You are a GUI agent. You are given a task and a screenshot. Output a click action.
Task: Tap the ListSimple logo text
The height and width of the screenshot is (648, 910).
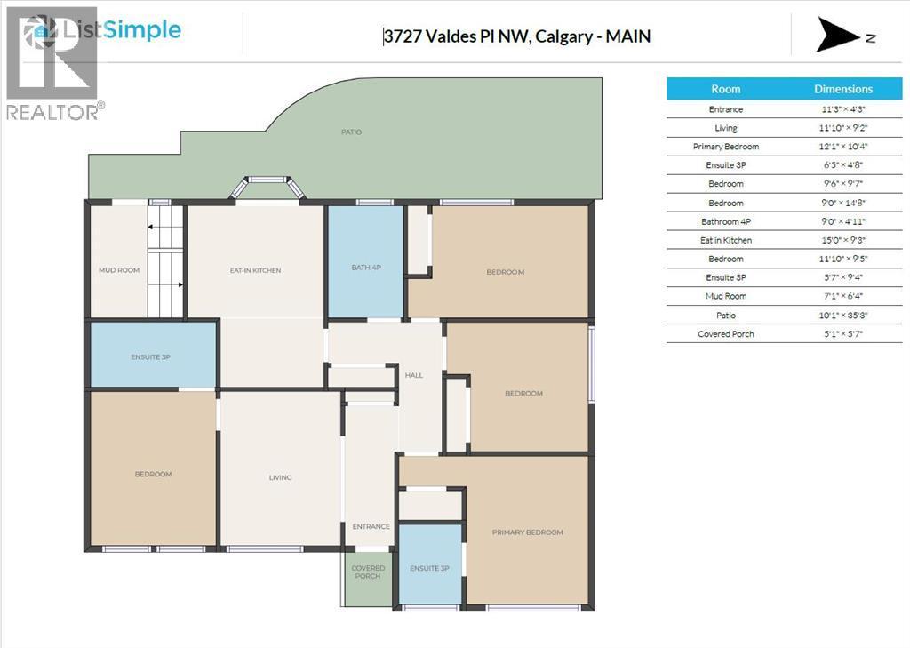click(121, 29)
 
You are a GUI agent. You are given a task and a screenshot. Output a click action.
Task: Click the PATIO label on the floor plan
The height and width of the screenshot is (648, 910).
click(351, 132)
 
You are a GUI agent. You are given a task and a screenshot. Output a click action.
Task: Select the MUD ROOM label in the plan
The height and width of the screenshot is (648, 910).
click(119, 270)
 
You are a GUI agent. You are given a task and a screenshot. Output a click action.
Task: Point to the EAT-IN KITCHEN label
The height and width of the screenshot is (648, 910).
click(255, 270)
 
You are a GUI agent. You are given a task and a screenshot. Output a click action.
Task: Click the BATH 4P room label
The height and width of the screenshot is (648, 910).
click(366, 268)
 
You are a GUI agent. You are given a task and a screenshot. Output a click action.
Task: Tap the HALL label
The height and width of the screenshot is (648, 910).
click(414, 375)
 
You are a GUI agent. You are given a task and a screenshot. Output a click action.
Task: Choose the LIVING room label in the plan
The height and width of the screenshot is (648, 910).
click(280, 477)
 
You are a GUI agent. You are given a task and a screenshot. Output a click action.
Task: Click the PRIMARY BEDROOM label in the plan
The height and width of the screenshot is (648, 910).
click(528, 532)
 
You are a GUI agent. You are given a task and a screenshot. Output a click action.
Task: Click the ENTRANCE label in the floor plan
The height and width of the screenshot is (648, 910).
click(371, 526)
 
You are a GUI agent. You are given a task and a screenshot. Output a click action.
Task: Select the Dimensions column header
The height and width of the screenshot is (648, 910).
click(843, 89)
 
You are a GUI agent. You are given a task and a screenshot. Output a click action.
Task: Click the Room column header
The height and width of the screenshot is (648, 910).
click(726, 89)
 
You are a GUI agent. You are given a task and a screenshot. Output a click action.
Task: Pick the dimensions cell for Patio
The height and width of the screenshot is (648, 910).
click(843, 316)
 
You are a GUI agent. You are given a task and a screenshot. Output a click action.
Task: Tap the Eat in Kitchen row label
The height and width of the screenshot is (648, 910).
click(726, 240)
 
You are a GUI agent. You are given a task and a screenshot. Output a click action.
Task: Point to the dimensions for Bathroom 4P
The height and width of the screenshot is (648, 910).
click(843, 221)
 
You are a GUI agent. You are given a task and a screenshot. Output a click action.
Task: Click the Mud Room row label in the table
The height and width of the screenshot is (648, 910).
click(726, 296)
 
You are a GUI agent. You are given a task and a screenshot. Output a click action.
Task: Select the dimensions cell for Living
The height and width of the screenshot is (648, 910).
click(843, 128)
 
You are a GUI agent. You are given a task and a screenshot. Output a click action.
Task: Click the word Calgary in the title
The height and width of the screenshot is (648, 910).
click(563, 36)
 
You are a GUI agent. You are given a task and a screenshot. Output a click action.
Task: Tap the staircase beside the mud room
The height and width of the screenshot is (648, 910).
click(165, 261)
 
